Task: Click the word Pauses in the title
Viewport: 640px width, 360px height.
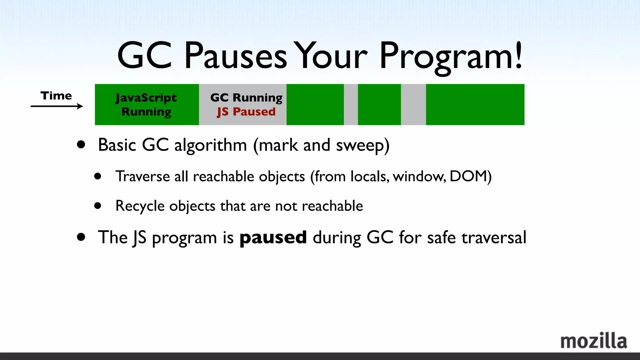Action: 235,56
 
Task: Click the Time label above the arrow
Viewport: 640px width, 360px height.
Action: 56,96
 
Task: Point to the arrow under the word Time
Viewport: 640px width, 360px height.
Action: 57,106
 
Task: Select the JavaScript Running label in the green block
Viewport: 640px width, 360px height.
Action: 146,104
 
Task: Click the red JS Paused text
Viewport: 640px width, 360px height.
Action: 246,112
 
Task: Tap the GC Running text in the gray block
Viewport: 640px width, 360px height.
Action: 246,97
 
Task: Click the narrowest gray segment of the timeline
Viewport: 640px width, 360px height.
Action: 351,104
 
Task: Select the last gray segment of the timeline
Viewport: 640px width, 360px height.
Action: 413,104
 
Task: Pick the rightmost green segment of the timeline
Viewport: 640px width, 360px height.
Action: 475,104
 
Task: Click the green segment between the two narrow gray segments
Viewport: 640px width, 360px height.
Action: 379,104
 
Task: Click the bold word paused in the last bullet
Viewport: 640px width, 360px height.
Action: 273,237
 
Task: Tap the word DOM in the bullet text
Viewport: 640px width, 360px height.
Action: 468,176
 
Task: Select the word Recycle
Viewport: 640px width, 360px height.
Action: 140,206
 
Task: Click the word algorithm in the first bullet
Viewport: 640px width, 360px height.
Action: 210,145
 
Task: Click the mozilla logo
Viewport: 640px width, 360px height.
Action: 593,341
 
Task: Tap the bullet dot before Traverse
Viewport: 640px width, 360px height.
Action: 98,176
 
